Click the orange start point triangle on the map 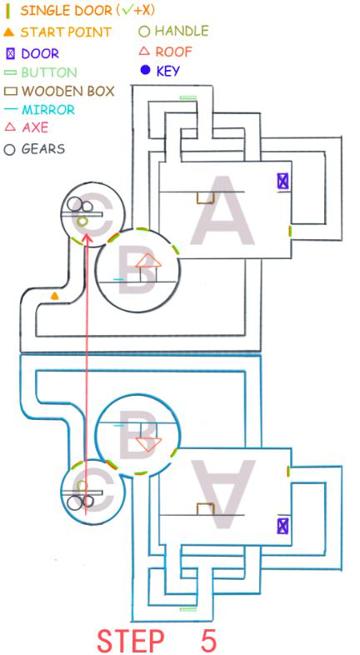54,296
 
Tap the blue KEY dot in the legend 145,71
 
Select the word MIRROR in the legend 48,110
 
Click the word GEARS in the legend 43,149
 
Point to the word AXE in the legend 35,127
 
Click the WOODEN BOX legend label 68,91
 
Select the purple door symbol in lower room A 282,526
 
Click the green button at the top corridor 188,97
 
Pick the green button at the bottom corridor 188,609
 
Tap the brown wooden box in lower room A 206,509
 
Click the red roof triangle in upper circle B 148,261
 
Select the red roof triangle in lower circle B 148,444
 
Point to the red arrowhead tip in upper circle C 87,234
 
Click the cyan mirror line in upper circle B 118,279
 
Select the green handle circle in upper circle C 82,220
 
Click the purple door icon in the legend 11,53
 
